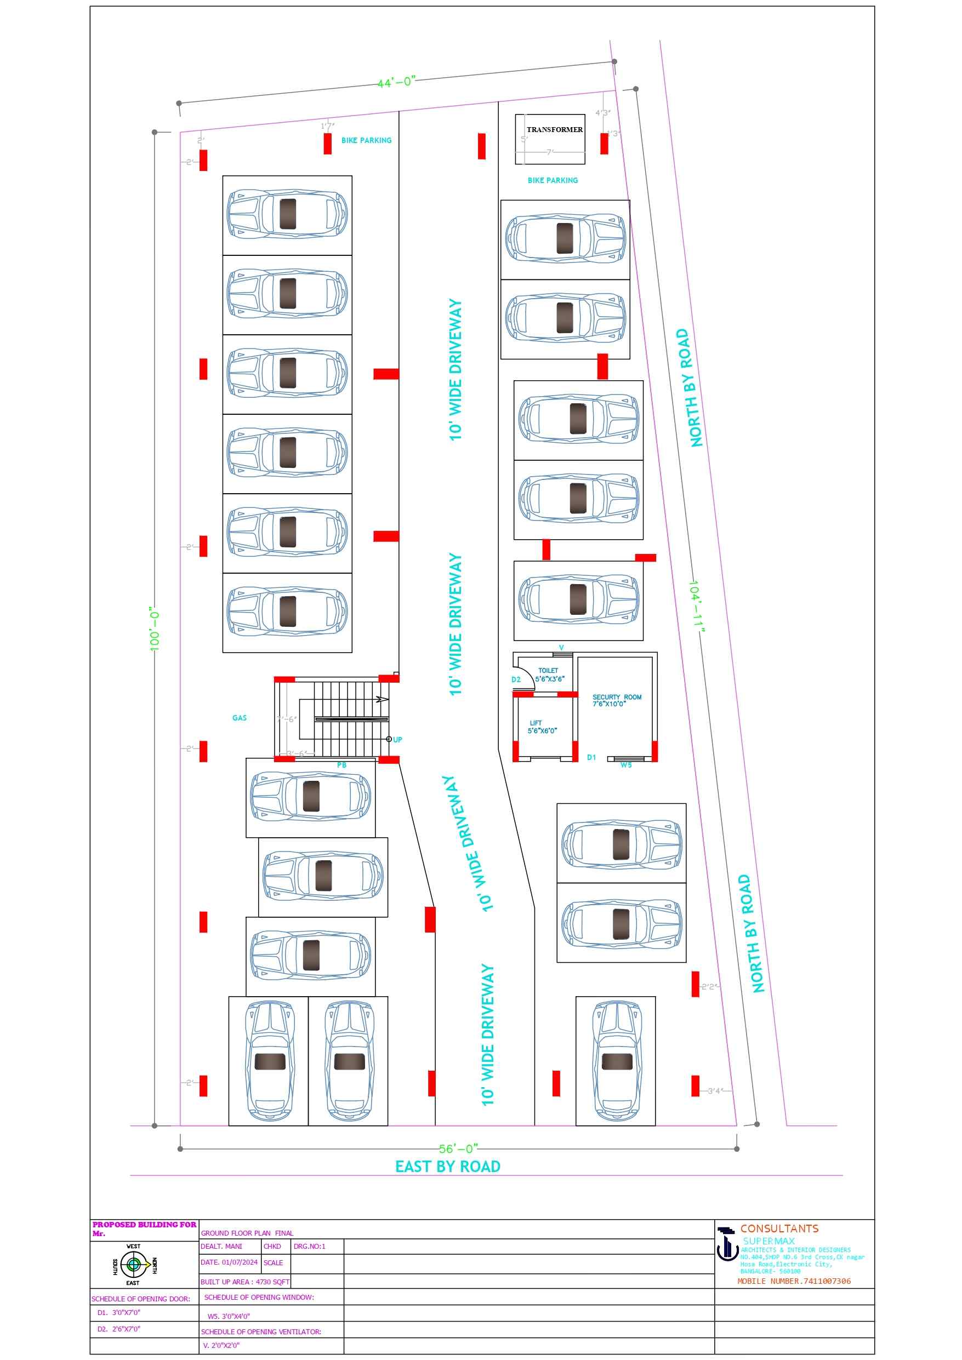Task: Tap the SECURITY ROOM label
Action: tap(617, 700)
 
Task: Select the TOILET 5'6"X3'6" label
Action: tap(549, 675)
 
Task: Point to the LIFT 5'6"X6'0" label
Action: tap(542, 727)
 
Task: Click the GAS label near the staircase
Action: tap(240, 718)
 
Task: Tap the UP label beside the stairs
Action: tap(397, 740)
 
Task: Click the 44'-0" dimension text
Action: tap(396, 82)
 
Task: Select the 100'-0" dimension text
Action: tap(155, 628)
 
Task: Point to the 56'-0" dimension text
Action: tap(458, 1148)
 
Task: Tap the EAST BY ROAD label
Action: tap(447, 1167)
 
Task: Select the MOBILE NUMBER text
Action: tap(794, 1281)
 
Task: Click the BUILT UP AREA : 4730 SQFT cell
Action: tap(245, 1281)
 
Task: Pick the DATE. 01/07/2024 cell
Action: tap(229, 1262)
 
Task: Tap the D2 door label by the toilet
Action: tap(516, 679)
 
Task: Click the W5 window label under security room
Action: tap(626, 765)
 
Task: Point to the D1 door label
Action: tap(591, 758)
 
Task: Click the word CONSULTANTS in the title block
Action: tap(779, 1228)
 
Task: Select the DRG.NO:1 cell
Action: tap(309, 1246)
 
